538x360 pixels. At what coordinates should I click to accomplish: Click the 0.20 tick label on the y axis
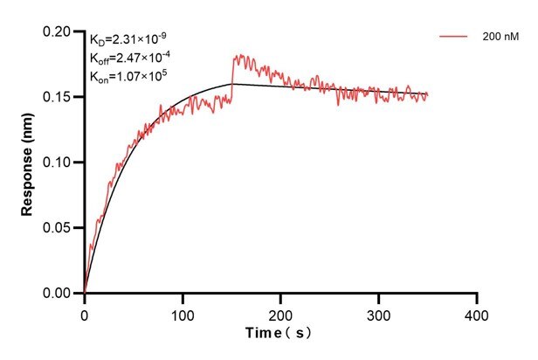(x=61, y=31)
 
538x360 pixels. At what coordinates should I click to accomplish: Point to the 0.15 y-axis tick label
(x=61, y=97)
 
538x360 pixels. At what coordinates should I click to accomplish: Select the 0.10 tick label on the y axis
(x=61, y=163)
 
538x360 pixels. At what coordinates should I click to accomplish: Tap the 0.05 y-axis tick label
(x=61, y=228)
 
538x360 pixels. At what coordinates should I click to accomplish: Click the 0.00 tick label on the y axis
(x=61, y=294)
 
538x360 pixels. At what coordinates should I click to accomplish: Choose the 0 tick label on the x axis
(x=85, y=312)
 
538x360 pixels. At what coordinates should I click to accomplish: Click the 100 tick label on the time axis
(x=183, y=312)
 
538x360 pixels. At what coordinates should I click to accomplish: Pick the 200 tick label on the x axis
(x=280, y=312)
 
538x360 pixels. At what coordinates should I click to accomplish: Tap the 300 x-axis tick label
(x=378, y=312)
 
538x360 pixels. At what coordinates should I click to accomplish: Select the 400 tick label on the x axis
(x=476, y=312)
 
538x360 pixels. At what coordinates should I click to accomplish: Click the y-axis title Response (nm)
(x=27, y=162)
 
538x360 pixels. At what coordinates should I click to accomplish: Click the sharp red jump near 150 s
(x=232, y=74)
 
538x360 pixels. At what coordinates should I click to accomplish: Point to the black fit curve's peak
(x=232, y=84)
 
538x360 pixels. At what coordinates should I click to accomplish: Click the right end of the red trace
(x=427, y=95)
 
